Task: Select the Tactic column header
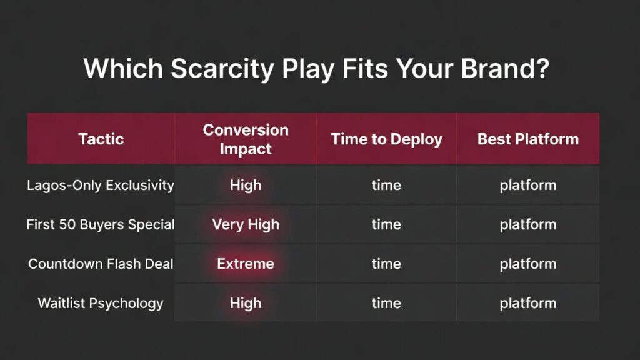click(x=101, y=139)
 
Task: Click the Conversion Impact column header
click(x=246, y=139)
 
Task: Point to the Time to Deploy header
click(x=386, y=139)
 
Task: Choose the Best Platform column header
click(x=528, y=139)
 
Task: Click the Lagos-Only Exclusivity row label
click(x=101, y=186)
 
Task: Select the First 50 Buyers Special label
click(x=101, y=224)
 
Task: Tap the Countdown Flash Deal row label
click(x=101, y=264)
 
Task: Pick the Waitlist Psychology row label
click(x=101, y=303)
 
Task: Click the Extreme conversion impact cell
click(x=246, y=264)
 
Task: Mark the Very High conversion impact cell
click(x=246, y=224)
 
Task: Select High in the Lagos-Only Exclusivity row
click(x=246, y=186)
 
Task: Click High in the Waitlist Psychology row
click(x=246, y=303)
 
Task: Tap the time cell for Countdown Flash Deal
click(x=386, y=264)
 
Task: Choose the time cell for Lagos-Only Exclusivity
click(x=386, y=186)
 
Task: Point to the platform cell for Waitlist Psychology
click(x=528, y=303)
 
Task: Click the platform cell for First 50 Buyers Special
click(x=528, y=224)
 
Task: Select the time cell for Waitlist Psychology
click(x=386, y=303)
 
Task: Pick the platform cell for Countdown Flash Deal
click(x=528, y=264)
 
